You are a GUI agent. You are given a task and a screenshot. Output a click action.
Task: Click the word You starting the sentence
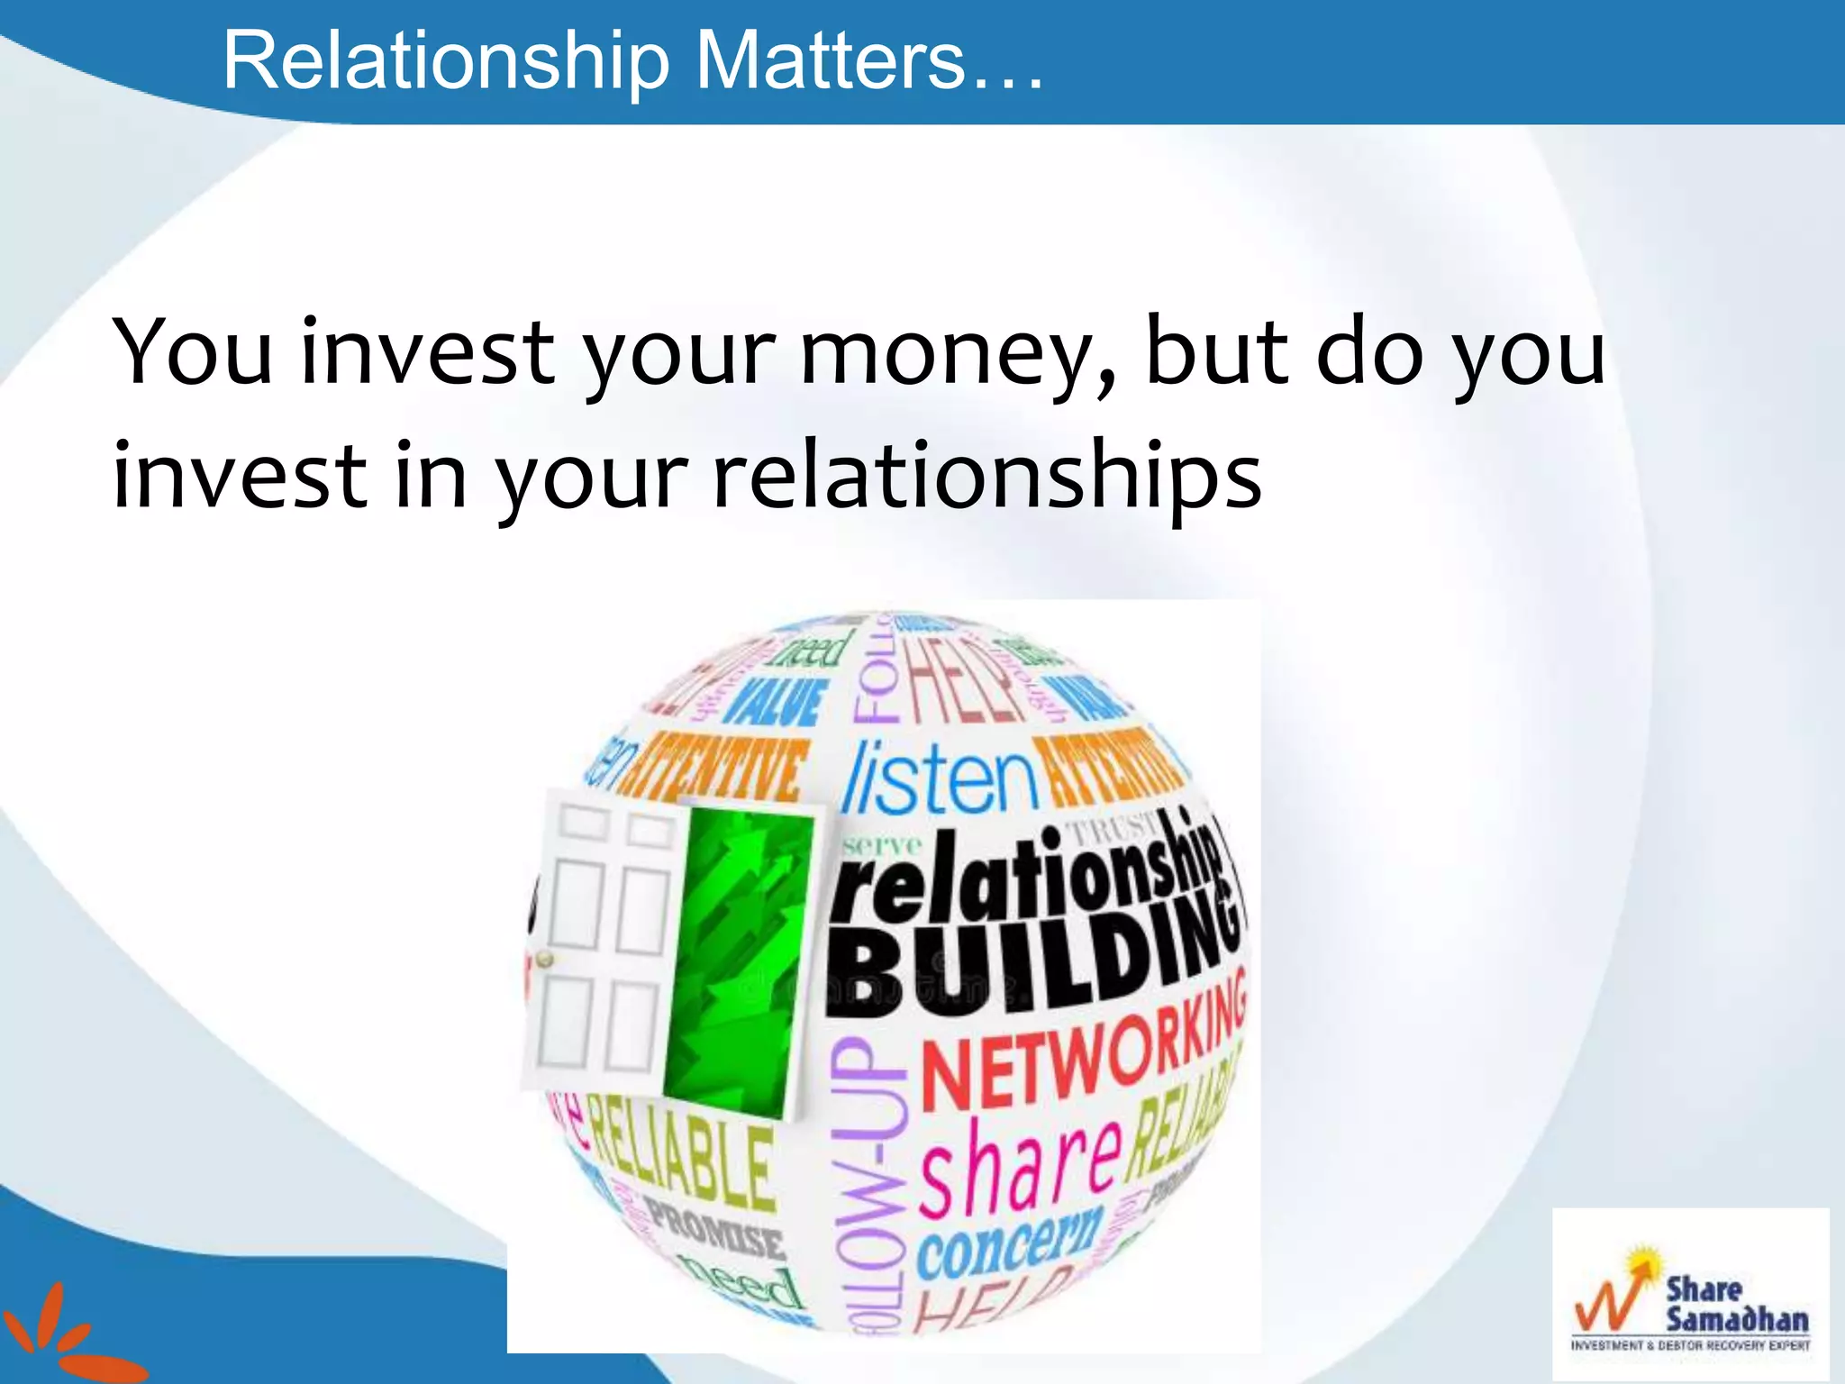[192, 353]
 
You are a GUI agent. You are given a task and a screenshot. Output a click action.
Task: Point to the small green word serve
[882, 845]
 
